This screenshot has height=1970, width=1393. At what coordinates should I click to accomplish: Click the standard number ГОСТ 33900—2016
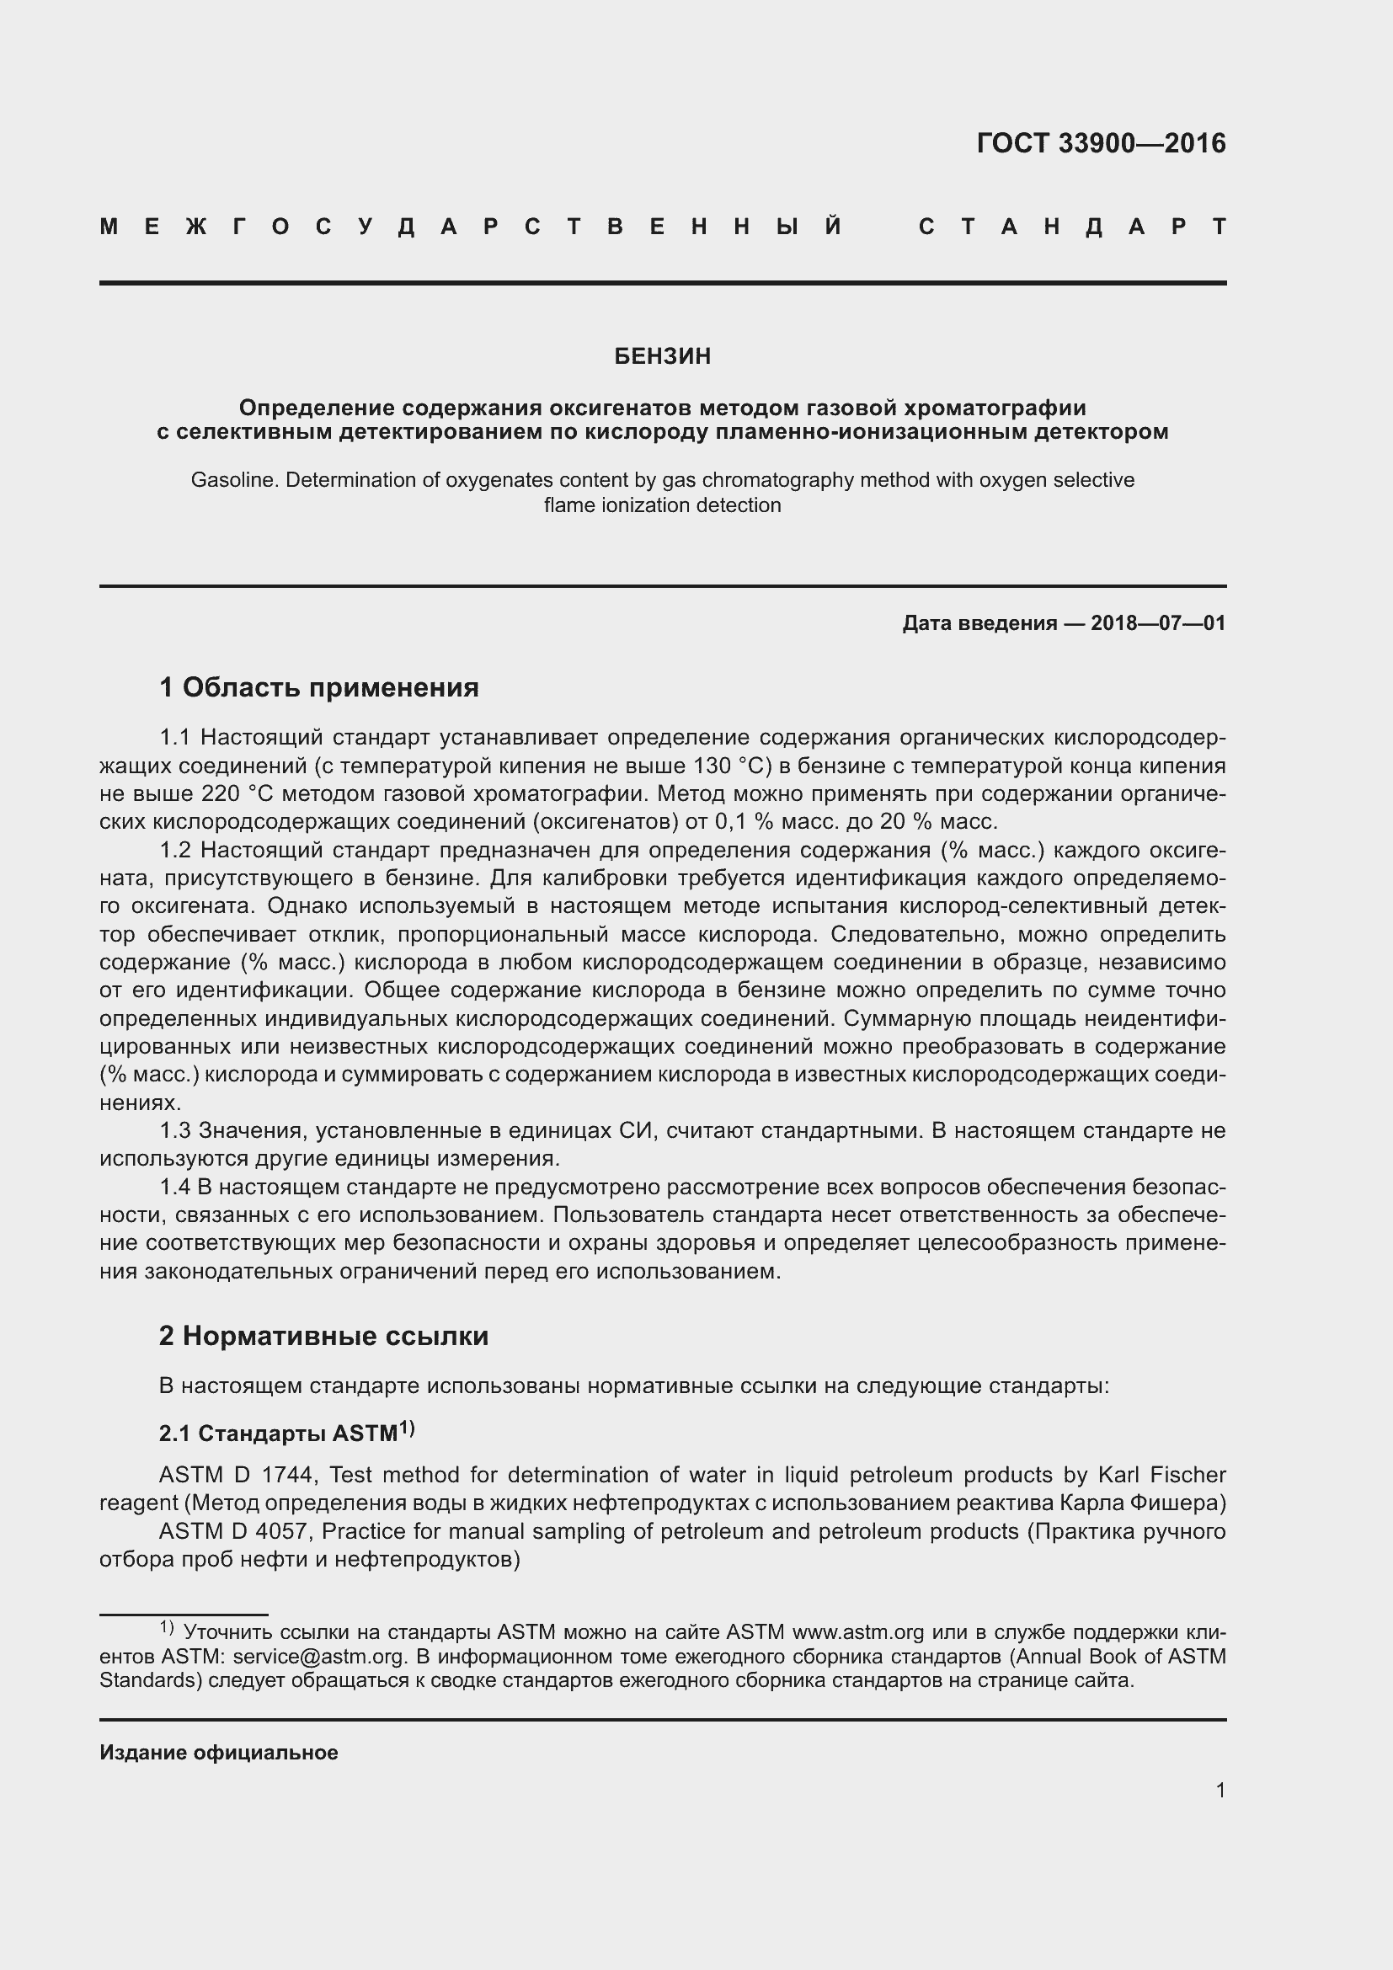[x=1101, y=143]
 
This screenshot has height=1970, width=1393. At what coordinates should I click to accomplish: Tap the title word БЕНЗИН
[x=662, y=356]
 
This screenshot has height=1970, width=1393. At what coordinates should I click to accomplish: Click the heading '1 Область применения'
[x=318, y=687]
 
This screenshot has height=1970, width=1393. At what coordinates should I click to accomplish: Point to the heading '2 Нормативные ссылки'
[x=323, y=1336]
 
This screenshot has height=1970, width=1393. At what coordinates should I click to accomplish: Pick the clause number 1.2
[x=176, y=851]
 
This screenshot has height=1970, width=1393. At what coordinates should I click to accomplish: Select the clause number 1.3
[x=176, y=1131]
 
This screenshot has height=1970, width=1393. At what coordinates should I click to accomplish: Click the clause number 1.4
[x=175, y=1188]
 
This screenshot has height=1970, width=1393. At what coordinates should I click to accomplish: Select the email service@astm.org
[x=318, y=1656]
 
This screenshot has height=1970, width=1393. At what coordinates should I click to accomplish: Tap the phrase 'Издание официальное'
[x=219, y=1753]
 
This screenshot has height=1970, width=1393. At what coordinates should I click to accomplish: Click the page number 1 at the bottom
[x=1220, y=1790]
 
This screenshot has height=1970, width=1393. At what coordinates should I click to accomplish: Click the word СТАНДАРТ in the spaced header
[x=1072, y=227]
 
